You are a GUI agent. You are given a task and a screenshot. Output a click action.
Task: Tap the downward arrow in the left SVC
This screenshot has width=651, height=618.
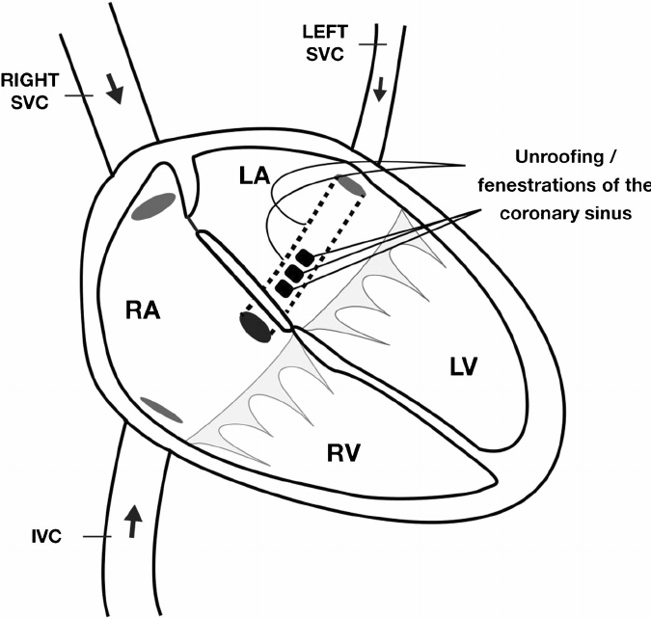click(x=380, y=90)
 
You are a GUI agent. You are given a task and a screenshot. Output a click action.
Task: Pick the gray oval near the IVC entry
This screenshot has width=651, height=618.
click(x=161, y=410)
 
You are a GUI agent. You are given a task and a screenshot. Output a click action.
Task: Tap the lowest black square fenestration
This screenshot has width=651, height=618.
click(x=284, y=288)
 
